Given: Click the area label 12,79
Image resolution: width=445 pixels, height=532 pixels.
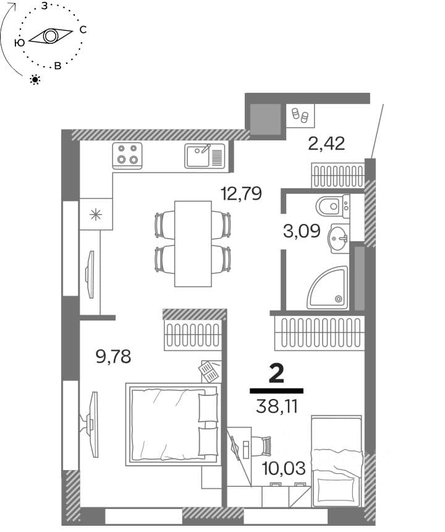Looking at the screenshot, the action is [x=241, y=194].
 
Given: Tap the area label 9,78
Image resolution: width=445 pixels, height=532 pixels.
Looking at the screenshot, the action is [x=113, y=357].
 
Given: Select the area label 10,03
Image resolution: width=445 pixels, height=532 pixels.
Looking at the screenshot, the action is [x=284, y=468].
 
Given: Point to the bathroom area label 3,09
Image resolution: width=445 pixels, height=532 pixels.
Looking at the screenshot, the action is [x=302, y=231].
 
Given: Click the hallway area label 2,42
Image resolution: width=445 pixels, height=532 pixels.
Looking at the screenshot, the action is [x=326, y=143].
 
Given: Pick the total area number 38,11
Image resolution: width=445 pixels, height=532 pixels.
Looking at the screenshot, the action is [x=277, y=406].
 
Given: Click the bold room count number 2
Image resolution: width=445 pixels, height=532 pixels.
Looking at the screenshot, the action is [x=276, y=374].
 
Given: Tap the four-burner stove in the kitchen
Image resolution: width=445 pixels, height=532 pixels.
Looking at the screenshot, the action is [x=127, y=156].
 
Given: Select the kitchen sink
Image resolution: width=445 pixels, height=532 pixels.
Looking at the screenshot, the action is [x=205, y=156].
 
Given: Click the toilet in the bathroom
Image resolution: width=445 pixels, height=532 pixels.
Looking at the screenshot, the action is [x=332, y=206].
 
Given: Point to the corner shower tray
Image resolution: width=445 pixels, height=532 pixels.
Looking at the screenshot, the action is [x=328, y=288].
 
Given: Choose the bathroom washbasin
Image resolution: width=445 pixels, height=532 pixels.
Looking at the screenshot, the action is [x=339, y=238].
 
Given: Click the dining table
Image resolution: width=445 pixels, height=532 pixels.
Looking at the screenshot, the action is [x=193, y=244].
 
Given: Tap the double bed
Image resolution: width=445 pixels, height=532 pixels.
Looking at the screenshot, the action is [x=173, y=424].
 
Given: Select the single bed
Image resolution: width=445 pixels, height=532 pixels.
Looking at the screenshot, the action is [x=337, y=461].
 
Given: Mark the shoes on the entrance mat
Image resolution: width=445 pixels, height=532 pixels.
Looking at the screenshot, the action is [x=300, y=114].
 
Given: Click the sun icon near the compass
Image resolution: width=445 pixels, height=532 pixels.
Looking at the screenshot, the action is [x=35, y=80].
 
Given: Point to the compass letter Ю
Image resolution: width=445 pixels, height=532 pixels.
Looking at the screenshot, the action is [x=20, y=43].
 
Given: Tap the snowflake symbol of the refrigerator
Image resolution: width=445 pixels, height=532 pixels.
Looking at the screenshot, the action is [x=96, y=215].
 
